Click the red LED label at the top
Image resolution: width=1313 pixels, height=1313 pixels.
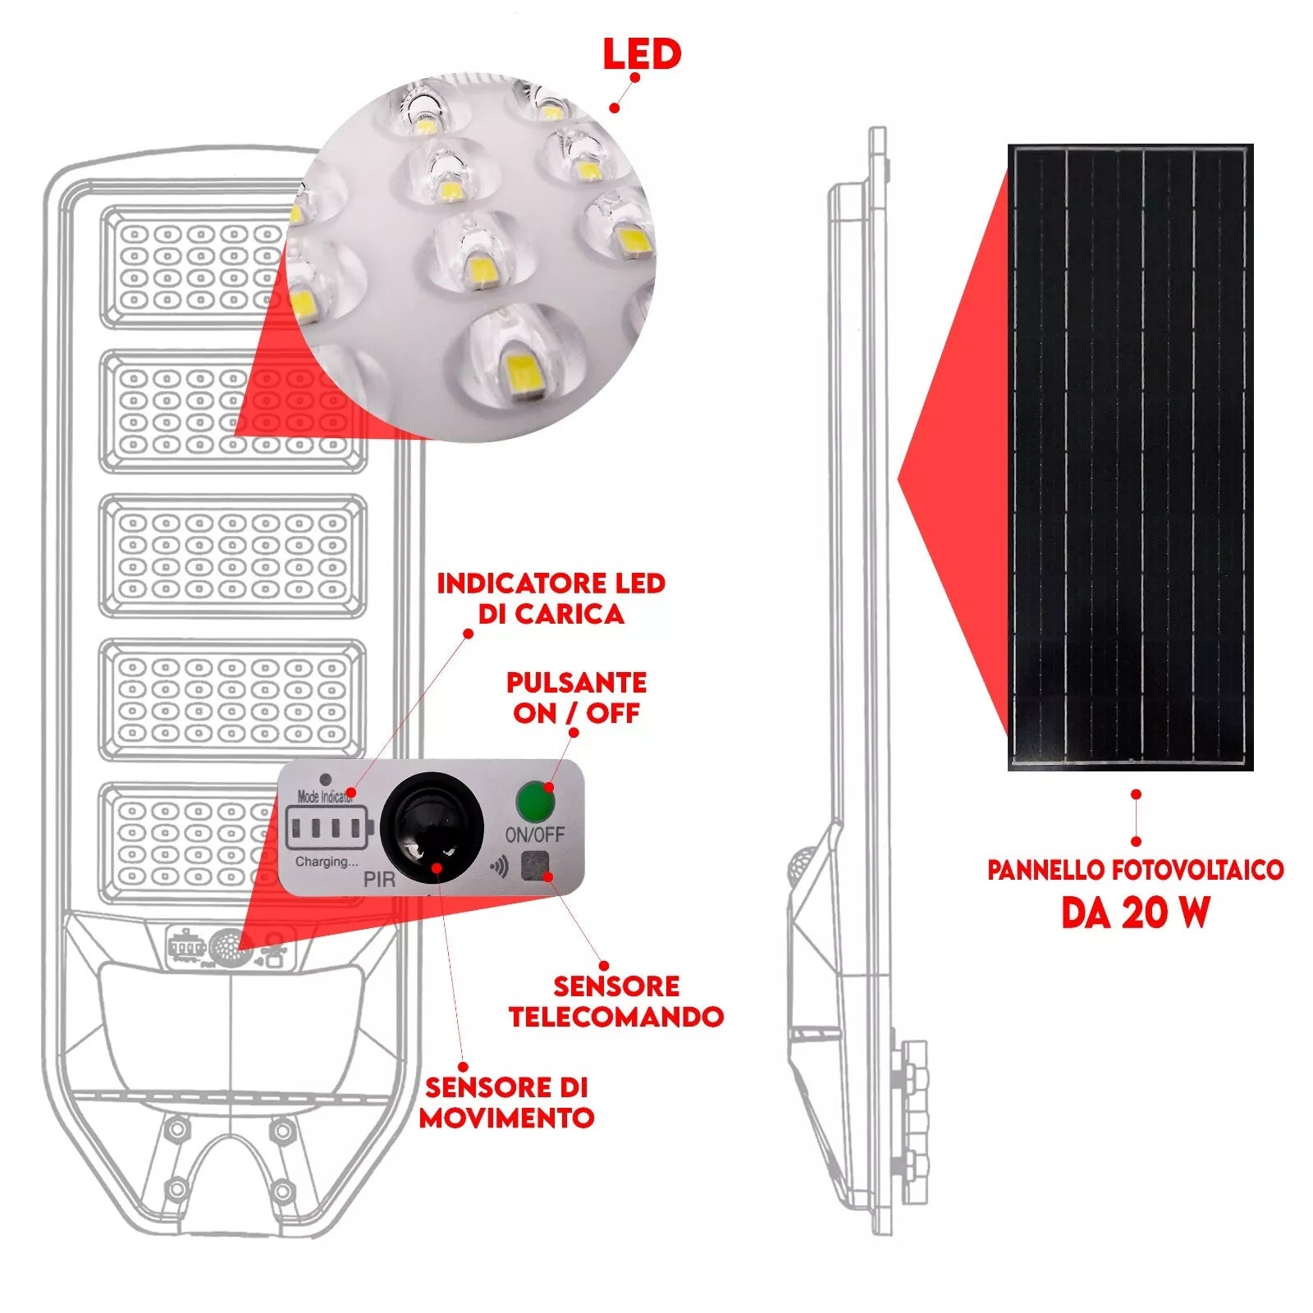[x=642, y=54]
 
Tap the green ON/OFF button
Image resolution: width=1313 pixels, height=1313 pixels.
[x=534, y=801]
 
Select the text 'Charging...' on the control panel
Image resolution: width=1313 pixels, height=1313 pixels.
[x=327, y=862]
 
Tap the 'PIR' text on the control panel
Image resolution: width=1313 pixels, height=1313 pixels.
[x=379, y=880]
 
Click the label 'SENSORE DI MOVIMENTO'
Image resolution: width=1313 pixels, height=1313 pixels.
[x=506, y=1102]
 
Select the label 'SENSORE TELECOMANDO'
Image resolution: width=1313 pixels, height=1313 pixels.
[x=615, y=1001]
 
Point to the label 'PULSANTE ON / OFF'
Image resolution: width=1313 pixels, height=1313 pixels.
[x=576, y=698]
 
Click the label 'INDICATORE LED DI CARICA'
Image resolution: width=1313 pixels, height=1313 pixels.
[x=551, y=598]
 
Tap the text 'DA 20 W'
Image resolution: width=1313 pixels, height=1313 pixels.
[x=1136, y=913]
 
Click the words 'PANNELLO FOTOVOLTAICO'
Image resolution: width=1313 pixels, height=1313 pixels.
[x=1136, y=870]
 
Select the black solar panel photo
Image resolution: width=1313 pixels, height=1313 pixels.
[x=1130, y=457]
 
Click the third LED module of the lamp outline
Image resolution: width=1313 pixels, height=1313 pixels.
[x=233, y=556]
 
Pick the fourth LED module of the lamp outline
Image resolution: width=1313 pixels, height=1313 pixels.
[x=233, y=700]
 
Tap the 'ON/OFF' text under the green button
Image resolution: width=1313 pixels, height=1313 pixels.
[x=534, y=835]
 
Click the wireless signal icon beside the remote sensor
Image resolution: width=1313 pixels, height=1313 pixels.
[x=499, y=867]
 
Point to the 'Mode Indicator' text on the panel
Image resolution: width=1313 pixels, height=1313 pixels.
[x=324, y=796]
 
